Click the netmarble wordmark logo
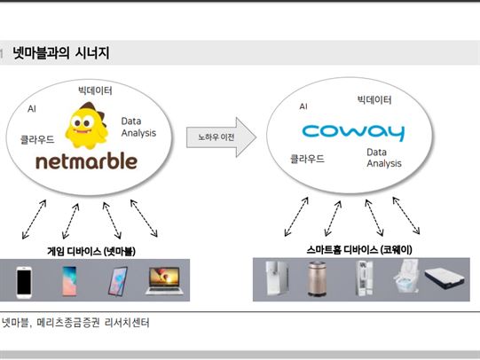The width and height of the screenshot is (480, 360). pyautogui.click(x=86, y=161)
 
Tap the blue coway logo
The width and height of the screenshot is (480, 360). pyautogui.click(x=353, y=132)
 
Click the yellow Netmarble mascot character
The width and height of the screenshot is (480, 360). pyautogui.click(x=86, y=125)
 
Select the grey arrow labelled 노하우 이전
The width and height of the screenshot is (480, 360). pyautogui.click(x=221, y=137)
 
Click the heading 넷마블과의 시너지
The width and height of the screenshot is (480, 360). pyautogui.click(x=61, y=53)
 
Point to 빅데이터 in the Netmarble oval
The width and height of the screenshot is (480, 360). pyautogui.click(x=95, y=90)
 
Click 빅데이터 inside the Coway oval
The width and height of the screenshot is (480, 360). pyautogui.click(x=374, y=99)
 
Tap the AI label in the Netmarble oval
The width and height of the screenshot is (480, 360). pyautogui.click(x=32, y=108)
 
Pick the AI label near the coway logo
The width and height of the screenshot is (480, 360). pyautogui.click(x=303, y=106)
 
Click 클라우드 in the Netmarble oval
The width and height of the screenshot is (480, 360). pyautogui.click(x=37, y=139)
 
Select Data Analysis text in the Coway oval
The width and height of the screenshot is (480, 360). pyautogui.click(x=384, y=158)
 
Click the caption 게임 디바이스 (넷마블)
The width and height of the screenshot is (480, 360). pyautogui.click(x=91, y=252)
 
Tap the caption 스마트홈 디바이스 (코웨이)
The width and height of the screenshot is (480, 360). pyautogui.click(x=359, y=250)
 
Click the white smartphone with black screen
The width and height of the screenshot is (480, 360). pyautogui.click(x=24, y=282)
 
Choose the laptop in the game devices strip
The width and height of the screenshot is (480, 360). pyautogui.click(x=164, y=281)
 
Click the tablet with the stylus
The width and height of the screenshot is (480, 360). pyautogui.click(x=118, y=281)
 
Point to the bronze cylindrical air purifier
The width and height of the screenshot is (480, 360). pyautogui.click(x=317, y=278)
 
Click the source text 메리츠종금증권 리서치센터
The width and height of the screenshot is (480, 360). pyautogui.click(x=93, y=323)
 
